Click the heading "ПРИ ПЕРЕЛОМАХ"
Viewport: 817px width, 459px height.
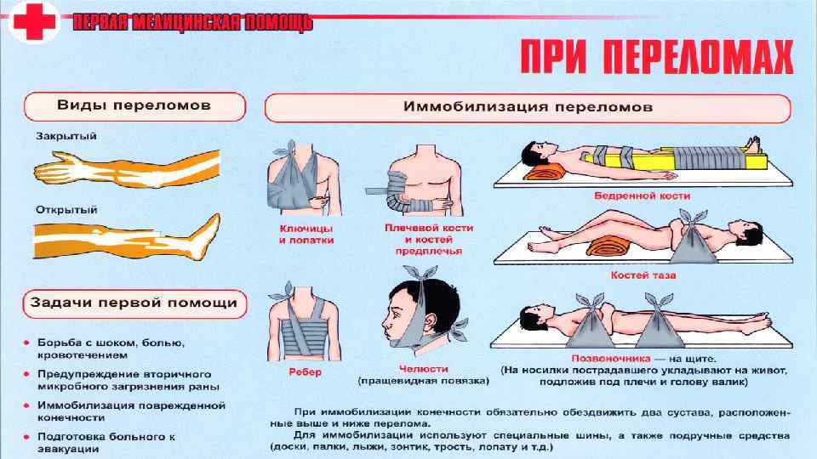tap(655, 58)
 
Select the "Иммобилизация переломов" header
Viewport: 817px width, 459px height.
tap(528, 108)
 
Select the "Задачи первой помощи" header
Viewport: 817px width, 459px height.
tap(134, 303)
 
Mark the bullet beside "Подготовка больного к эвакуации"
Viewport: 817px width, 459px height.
tap(27, 436)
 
